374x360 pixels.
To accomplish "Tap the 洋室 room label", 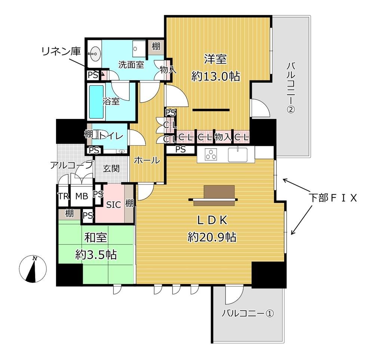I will pos(216,59).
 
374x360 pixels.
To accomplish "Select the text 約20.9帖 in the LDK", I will pos(212,237).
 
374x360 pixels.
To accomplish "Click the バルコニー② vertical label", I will pos(291,88).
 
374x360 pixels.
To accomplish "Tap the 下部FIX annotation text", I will pos(333,198).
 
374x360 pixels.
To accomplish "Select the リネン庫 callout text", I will pos(61,52).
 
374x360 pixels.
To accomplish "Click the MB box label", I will pos(81,196).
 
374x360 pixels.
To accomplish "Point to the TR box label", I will pos(63,196).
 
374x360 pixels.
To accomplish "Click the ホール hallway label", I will pos(147,160).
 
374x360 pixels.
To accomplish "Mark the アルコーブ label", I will pos(71,165).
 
